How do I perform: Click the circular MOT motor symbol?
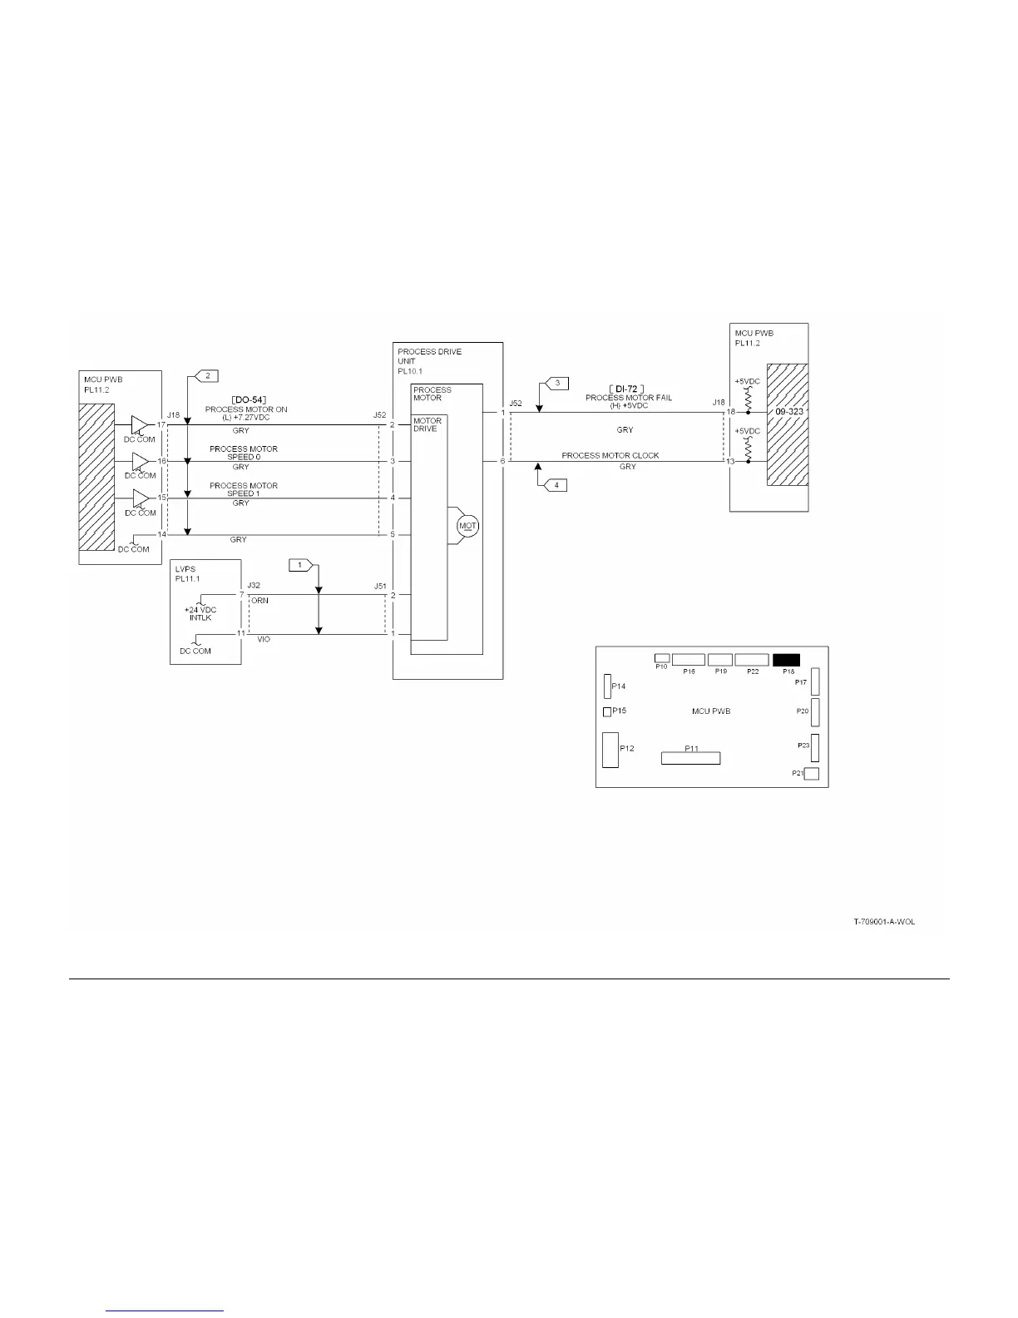pos(467,526)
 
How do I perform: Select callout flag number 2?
pos(205,376)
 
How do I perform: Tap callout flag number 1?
pos(300,566)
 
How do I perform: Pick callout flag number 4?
pos(556,484)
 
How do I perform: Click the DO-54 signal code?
pos(247,400)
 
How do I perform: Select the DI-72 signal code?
pos(627,389)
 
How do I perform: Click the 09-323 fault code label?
pos(787,412)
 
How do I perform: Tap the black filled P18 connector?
pos(786,660)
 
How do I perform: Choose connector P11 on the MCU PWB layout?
pos(690,758)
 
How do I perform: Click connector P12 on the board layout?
pos(610,750)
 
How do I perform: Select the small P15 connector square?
pos(607,711)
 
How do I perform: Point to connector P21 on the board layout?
pos(812,775)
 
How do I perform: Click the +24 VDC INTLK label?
pos(200,613)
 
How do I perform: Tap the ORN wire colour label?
pos(259,601)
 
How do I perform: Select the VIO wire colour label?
pos(263,639)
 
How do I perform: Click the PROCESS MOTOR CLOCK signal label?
pos(610,455)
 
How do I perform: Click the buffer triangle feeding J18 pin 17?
pos(139,425)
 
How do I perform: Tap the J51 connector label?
pos(380,586)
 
